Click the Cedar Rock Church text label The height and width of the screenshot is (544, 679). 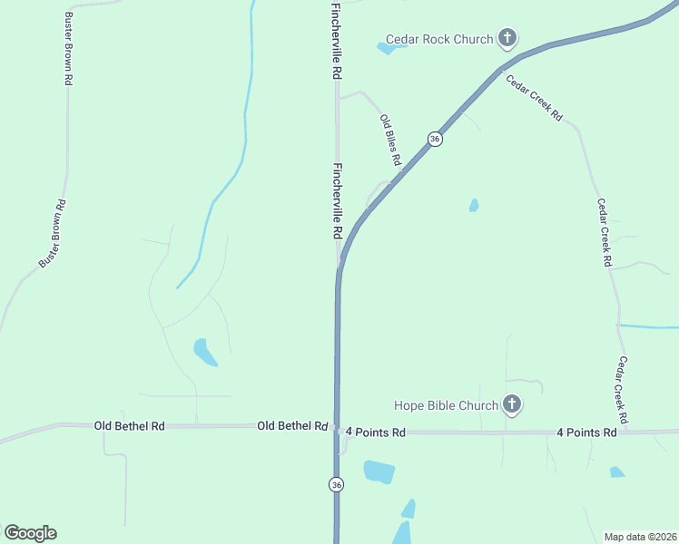click(x=439, y=39)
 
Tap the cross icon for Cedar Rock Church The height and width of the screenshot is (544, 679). click(x=507, y=38)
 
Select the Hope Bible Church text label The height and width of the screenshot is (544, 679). click(x=446, y=405)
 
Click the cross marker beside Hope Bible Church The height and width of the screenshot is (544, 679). click(x=512, y=404)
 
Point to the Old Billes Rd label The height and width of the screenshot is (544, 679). click(x=391, y=140)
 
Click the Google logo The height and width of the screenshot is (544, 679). click(x=30, y=533)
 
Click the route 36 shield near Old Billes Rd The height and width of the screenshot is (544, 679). click(x=436, y=139)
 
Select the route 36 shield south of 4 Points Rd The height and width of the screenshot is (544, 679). click(x=337, y=484)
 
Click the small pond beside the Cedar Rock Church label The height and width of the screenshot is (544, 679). click(x=386, y=48)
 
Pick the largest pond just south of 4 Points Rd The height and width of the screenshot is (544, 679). click(x=379, y=471)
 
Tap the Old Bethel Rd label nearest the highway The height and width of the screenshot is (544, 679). click(x=292, y=425)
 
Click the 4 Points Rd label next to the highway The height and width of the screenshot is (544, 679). click(x=375, y=432)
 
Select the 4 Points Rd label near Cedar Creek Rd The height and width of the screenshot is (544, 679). click(x=586, y=432)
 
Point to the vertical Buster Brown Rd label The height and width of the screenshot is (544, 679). click(x=69, y=49)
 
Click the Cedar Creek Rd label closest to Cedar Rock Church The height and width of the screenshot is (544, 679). click(x=535, y=98)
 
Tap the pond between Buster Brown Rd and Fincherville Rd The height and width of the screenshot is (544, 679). click(x=204, y=352)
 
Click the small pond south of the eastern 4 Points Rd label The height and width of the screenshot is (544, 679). click(x=617, y=471)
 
